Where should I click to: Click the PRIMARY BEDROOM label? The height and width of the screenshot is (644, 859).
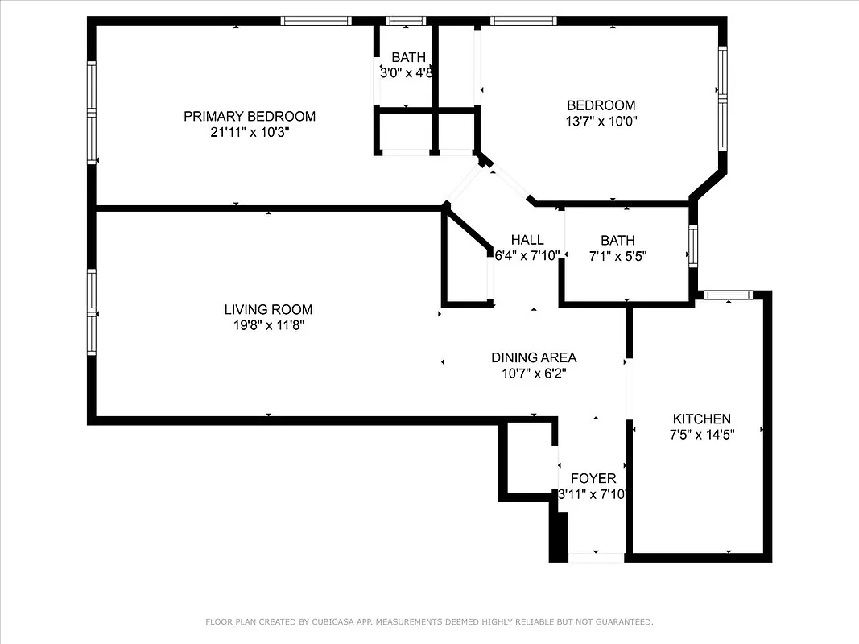pos(250,116)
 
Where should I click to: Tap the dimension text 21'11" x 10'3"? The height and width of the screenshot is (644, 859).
pos(250,132)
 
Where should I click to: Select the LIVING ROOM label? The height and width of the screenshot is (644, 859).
pos(268,309)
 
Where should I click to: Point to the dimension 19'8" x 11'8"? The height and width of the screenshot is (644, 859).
pos(268,325)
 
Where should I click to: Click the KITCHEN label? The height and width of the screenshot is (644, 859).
pos(702,419)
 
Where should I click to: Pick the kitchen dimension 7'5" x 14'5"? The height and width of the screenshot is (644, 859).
pos(702,434)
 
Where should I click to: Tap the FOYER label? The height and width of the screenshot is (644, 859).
pos(593,478)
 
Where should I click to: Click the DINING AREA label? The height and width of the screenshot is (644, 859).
pos(534,357)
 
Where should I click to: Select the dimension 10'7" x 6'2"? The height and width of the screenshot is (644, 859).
pos(534,373)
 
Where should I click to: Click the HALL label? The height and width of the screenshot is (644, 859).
pos(527,240)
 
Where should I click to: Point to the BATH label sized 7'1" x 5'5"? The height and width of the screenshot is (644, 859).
pos(617,240)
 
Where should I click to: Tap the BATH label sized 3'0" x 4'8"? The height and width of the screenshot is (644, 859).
pos(408,57)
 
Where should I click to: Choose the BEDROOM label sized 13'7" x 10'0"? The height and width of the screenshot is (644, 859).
pos(601,105)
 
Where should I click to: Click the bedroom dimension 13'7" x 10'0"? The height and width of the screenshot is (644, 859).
pos(601,122)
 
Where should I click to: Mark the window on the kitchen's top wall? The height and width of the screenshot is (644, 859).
pos(729,295)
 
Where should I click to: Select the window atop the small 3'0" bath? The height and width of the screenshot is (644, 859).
pos(406,21)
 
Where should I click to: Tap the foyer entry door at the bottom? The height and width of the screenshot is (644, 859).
pos(596,556)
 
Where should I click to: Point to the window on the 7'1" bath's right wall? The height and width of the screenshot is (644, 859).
pos(692,246)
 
